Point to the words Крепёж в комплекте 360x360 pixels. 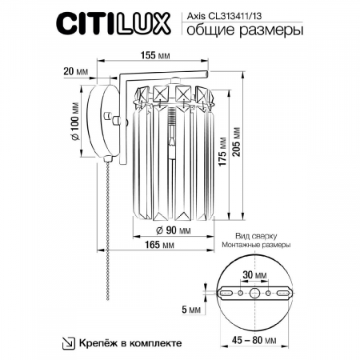(130, 342)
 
